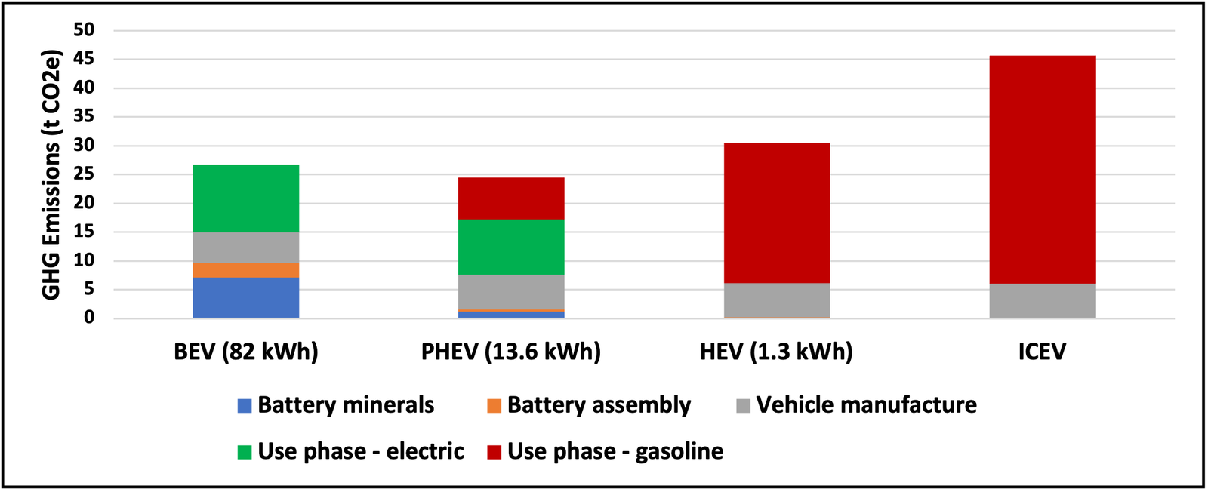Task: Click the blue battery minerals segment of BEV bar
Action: [x=245, y=297]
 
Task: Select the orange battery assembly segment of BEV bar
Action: [x=245, y=270]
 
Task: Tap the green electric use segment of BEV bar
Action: [x=245, y=198]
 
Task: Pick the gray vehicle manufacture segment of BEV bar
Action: [x=245, y=248]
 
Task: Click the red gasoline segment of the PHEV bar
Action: [x=511, y=198]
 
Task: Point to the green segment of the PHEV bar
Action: [x=511, y=247]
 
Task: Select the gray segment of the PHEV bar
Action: [x=511, y=291]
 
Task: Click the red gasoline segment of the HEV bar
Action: [x=776, y=213]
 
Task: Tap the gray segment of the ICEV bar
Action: [x=1042, y=300]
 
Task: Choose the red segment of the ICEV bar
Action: [x=1042, y=170]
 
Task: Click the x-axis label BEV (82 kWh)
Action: [x=246, y=352]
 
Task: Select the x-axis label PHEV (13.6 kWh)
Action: [x=511, y=352]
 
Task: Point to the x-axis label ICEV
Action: [x=1042, y=352]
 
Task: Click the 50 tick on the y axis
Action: [x=84, y=30]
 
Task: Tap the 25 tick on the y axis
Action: [x=84, y=174]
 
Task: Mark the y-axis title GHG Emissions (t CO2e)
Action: [x=51, y=175]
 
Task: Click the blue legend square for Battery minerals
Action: [x=245, y=406]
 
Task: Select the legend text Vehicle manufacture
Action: [x=866, y=405]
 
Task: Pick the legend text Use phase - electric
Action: [x=361, y=451]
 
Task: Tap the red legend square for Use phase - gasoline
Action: [x=495, y=452]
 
